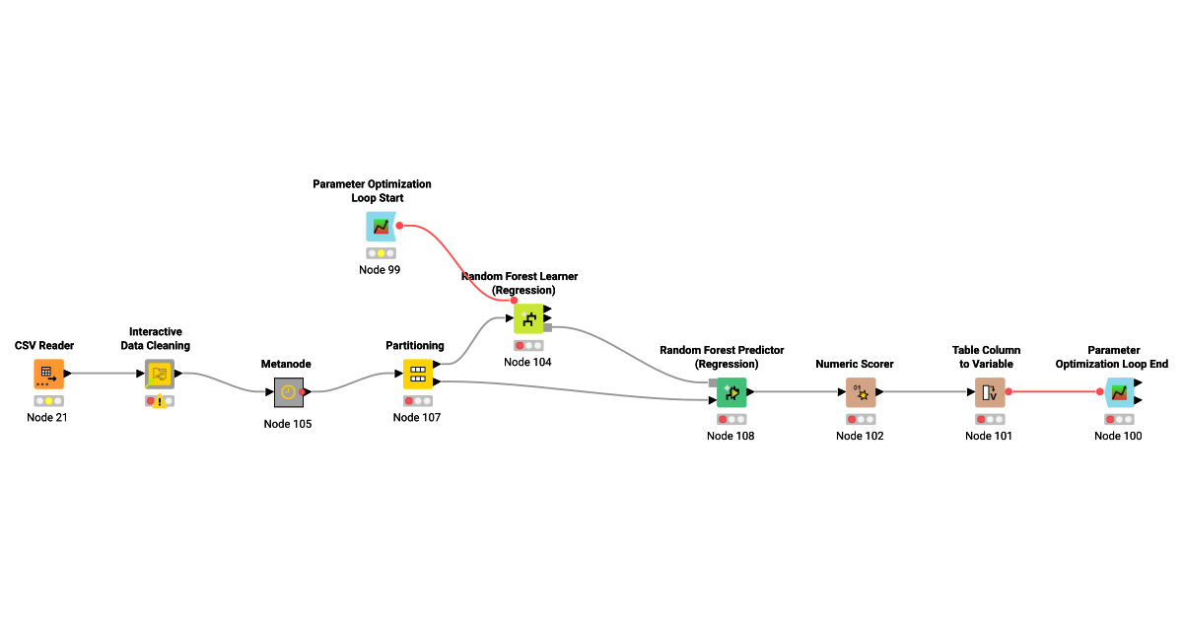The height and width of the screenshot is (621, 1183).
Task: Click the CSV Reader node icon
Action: click(x=48, y=374)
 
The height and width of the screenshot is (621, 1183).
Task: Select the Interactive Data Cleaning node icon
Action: click(x=160, y=374)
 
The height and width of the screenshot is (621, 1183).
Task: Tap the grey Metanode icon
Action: click(x=287, y=391)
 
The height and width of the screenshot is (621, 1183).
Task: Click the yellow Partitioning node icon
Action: click(x=417, y=374)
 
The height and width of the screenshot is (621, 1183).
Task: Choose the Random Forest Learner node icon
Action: click(x=528, y=317)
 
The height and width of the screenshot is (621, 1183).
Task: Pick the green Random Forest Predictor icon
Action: click(x=731, y=391)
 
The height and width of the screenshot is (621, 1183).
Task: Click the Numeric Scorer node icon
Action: click(x=861, y=391)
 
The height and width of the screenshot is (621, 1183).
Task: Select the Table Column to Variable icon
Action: click(x=990, y=391)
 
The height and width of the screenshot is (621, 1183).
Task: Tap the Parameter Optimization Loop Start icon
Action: click(x=381, y=226)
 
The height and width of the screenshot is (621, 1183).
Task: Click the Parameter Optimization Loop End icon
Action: click(x=1119, y=391)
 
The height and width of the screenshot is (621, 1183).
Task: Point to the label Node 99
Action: click(x=381, y=269)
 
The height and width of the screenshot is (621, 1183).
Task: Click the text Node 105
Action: click(x=287, y=424)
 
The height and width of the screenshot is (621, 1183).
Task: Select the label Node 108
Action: click(x=731, y=436)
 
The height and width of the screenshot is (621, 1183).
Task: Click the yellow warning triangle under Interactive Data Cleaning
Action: click(x=160, y=403)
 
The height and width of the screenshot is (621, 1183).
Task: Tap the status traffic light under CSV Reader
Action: click(x=48, y=401)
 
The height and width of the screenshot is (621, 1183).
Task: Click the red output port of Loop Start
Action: click(x=399, y=226)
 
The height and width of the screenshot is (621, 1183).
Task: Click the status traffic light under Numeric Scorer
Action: click(x=861, y=419)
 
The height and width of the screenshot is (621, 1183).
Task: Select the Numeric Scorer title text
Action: click(x=854, y=364)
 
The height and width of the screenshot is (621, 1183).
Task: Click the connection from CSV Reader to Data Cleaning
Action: click(x=104, y=374)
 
